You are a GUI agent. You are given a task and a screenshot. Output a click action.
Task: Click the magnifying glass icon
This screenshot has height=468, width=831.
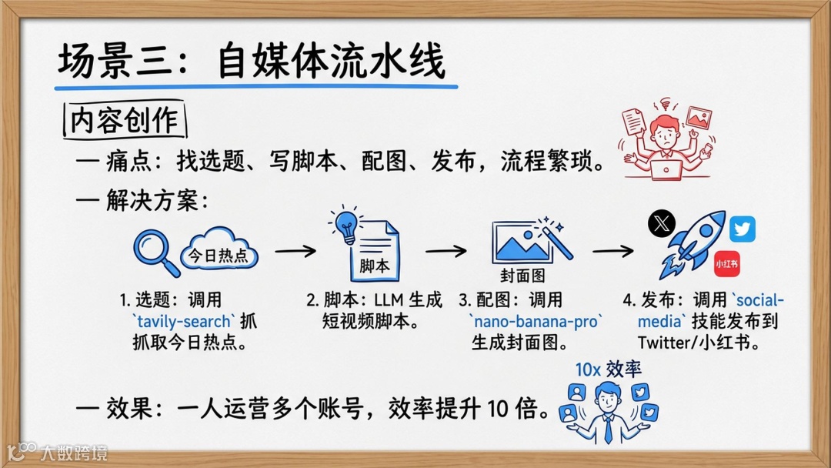pos(155,251)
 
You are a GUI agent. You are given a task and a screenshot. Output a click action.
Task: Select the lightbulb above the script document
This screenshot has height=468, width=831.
pos(345,223)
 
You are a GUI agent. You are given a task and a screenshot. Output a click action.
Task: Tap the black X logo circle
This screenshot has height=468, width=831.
pos(661,224)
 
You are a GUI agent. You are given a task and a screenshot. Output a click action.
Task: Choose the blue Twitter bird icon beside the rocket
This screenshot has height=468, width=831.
pos(743,229)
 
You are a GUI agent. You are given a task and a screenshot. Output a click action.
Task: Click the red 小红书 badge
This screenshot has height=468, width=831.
pos(727,263)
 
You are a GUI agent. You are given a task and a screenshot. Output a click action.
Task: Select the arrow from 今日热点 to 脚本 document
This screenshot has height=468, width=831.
pos(295,251)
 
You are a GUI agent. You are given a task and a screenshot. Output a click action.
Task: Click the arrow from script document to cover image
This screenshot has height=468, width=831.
pos(446,251)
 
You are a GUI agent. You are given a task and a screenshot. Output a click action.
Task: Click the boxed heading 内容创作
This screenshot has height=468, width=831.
pos(124,121)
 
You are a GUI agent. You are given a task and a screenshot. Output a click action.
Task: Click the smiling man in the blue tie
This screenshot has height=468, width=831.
pos(607,408)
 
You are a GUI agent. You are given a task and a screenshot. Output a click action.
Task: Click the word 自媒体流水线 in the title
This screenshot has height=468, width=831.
pos(332,62)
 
